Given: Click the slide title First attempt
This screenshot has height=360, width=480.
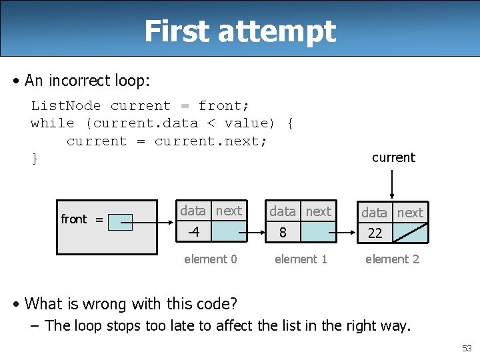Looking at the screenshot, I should pos(240,31).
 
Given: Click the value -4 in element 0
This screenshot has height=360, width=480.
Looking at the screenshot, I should pos(193,232).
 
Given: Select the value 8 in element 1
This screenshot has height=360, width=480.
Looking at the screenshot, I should pos(283,233).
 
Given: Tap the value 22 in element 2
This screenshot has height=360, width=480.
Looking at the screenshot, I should pos(375,233).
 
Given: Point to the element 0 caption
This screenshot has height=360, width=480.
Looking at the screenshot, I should pos(210,259).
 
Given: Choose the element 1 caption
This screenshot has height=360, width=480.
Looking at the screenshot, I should pos(301,259).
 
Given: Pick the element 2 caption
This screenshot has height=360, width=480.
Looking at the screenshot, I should pos(392,259).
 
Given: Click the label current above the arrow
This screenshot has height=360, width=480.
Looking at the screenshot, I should pos(393,157).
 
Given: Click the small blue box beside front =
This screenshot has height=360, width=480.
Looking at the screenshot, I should pos(120,222).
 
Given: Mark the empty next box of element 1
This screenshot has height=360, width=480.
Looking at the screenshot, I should pos(317,232).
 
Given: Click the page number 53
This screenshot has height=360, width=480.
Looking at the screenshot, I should pos(466,348).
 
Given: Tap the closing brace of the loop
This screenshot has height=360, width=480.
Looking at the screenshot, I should pos(35,159).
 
